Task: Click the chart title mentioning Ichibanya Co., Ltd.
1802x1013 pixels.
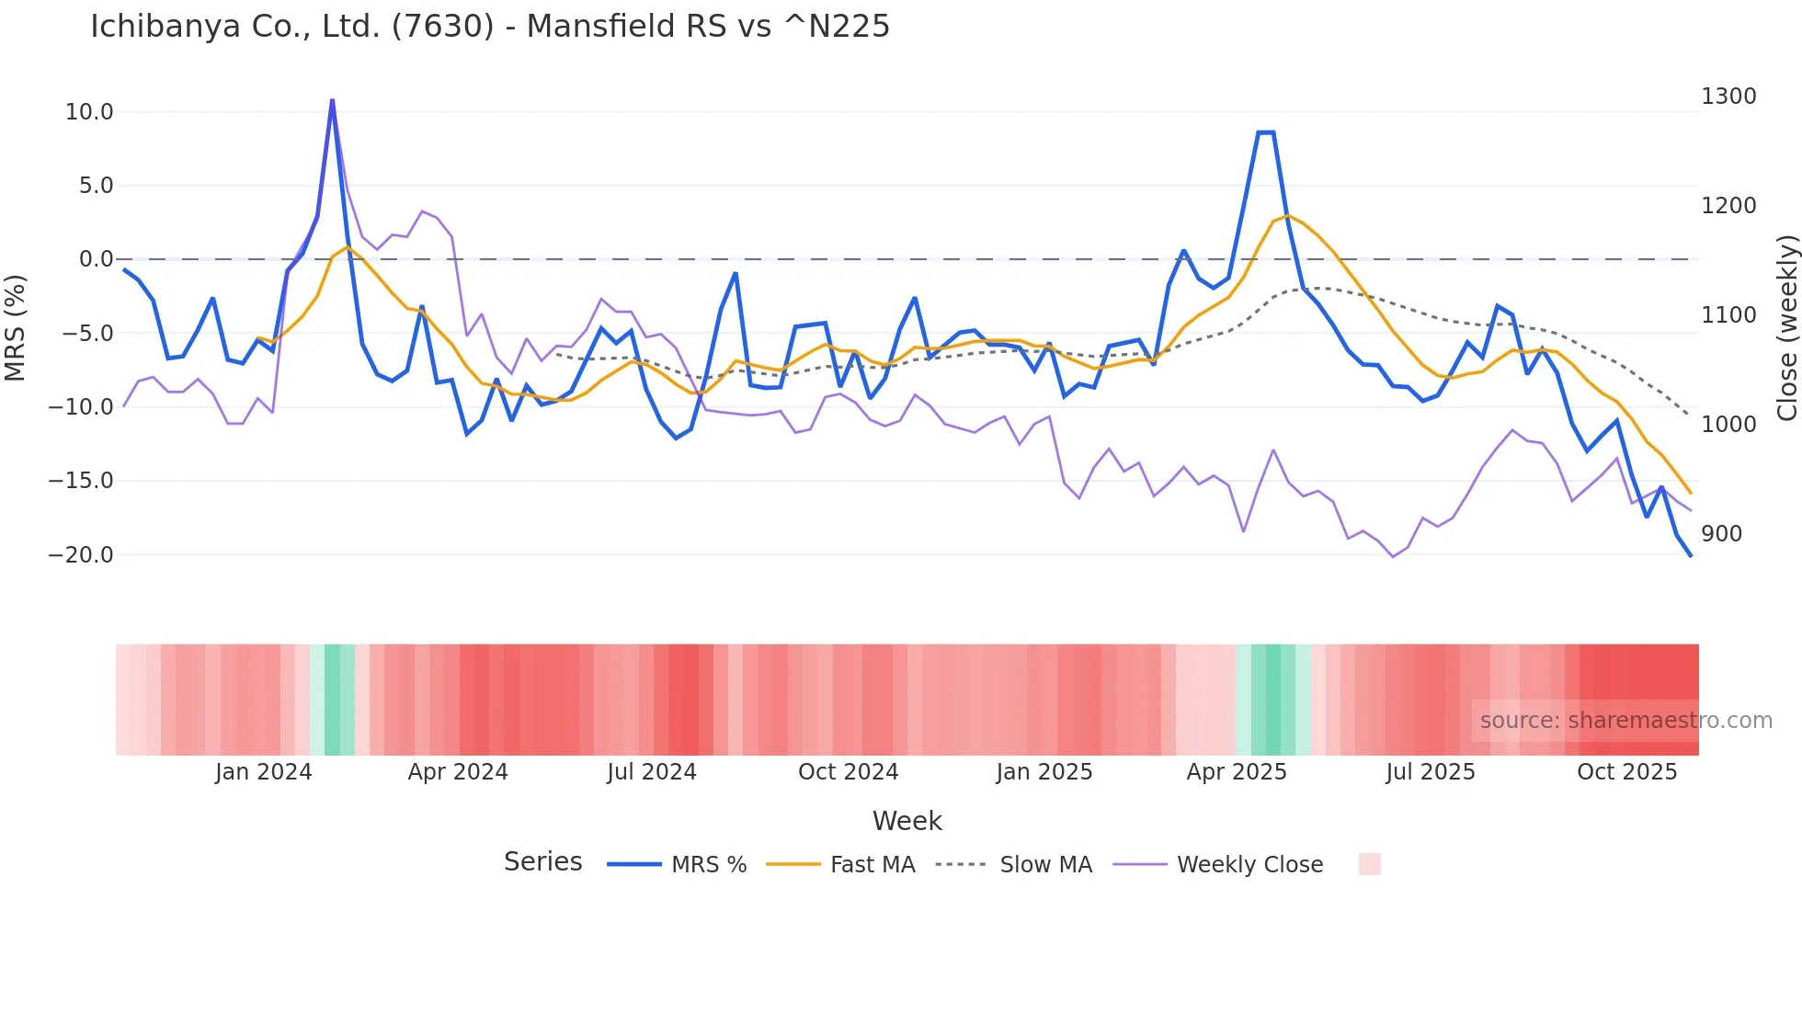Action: [x=489, y=26]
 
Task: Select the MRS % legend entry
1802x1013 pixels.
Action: [x=708, y=865]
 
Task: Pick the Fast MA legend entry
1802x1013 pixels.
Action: [x=872, y=865]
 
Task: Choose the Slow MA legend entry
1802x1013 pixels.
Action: [x=1045, y=865]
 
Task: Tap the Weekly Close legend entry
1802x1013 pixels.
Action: [x=1249, y=865]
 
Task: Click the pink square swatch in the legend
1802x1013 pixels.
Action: [x=1369, y=864]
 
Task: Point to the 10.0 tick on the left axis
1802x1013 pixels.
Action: [x=89, y=112]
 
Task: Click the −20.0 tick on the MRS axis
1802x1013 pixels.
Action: [x=81, y=555]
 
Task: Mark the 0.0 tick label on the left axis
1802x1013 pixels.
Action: [x=96, y=259]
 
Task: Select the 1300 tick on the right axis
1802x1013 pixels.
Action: [x=1728, y=97]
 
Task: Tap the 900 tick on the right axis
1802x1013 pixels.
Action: [x=1721, y=534]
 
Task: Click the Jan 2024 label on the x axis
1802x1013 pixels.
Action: [x=264, y=772]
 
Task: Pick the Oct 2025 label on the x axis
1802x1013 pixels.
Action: [x=1626, y=772]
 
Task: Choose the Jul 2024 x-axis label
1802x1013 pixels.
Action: [x=652, y=772]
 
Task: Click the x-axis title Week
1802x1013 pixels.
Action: [x=907, y=821]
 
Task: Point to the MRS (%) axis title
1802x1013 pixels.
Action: [x=16, y=328]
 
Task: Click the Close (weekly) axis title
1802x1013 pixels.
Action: [x=1786, y=328]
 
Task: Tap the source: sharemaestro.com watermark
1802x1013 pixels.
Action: [x=1625, y=721]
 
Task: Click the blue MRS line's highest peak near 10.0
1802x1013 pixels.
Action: [x=332, y=101]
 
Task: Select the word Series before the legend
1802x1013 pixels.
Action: [x=542, y=862]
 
